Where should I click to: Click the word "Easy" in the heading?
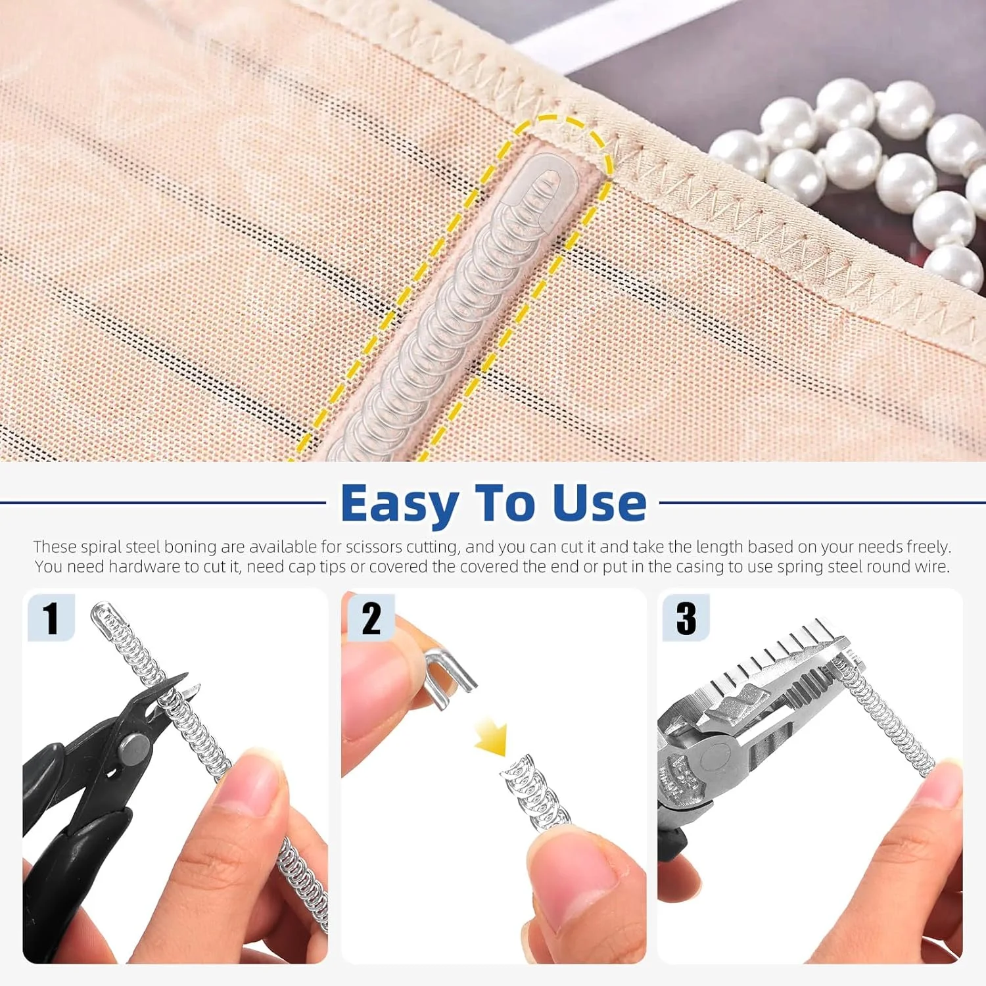400,505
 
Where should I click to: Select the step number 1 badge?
51,618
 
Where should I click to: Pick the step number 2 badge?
371,618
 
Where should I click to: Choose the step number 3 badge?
686,618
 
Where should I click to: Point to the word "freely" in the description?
927,547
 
